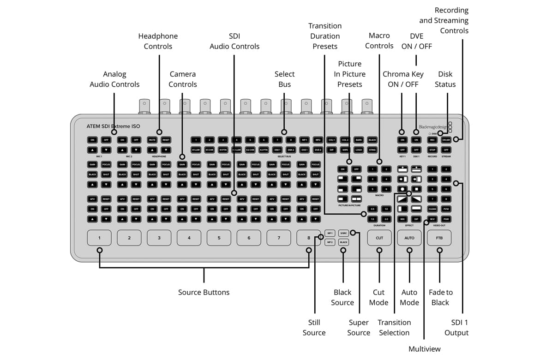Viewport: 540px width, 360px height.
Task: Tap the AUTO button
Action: pos(409,238)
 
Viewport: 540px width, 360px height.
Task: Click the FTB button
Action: pos(439,238)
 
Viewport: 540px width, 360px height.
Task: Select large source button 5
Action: pos(219,238)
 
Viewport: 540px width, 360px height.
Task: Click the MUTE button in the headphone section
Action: pos(152,139)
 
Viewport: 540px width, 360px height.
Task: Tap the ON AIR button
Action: pos(446,139)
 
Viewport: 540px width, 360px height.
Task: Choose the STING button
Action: pos(372,150)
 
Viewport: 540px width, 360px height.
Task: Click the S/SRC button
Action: pos(343,233)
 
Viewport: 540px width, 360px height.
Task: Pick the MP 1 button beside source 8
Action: pos(330,233)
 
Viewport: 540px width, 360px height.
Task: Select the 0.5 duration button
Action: pos(373,210)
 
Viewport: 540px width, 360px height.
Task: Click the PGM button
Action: pos(446,219)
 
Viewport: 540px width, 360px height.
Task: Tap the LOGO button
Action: pos(359,150)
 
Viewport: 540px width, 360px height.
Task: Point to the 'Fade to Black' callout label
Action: pos(440,297)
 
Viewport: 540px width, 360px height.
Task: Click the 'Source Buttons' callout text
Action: pos(204,292)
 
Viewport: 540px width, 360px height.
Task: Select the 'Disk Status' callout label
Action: pos(445,79)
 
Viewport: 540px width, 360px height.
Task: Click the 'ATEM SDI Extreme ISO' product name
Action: pos(113,126)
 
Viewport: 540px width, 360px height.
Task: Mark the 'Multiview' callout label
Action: pos(425,349)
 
